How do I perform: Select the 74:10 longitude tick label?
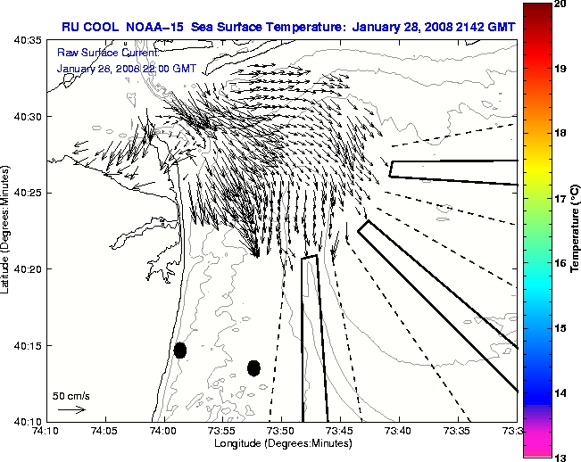[46, 432]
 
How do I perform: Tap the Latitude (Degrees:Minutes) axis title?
[7, 230]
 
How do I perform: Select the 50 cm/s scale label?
[71, 395]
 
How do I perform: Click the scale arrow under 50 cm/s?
[72, 409]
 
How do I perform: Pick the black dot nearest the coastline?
[180, 350]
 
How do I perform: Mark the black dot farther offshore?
[253, 367]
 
